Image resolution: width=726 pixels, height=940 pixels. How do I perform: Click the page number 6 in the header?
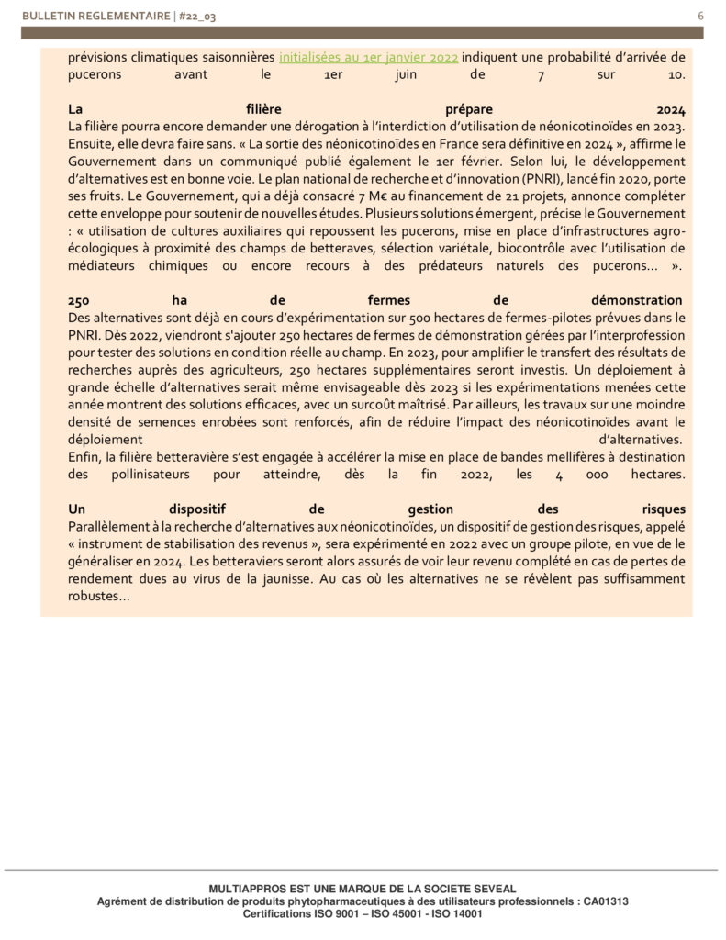point(700,16)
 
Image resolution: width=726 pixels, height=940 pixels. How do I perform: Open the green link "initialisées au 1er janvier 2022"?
point(369,57)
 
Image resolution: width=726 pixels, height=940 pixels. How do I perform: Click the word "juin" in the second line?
point(483,74)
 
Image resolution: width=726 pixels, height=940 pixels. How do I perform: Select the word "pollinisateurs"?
point(153,475)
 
